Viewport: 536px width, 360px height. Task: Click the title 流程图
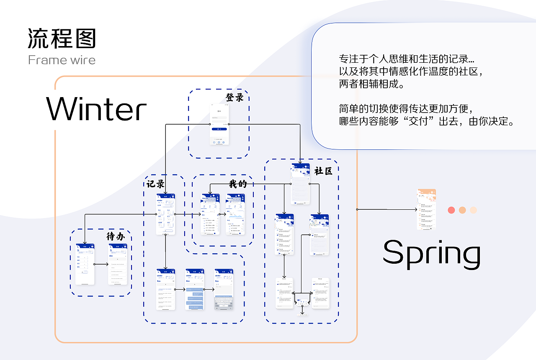(x=62, y=39)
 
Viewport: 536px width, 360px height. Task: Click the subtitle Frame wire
(x=62, y=60)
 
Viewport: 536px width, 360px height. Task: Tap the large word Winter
(x=97, y=109)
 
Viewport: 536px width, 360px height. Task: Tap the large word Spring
(x=431, y=254)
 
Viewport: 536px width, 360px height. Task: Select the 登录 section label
(x=234, y=98)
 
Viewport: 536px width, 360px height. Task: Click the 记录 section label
(x=155, y=184)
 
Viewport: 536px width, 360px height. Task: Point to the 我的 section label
(x=238, y=184)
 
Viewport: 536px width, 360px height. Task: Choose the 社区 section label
(x=323, y=171)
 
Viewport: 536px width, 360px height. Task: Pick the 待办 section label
(x=116, y=237)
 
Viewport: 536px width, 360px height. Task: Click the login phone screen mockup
(x=219, y=124)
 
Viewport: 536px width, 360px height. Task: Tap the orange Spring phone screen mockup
(x=426, y=209)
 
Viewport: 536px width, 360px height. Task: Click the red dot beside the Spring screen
(x=451, y=210)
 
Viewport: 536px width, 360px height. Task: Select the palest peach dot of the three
(x=473, y=210)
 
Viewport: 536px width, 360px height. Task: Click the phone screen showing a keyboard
(x=224, y=289)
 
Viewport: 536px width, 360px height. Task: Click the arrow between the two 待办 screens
(x=101, y=264)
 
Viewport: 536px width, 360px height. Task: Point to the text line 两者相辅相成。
(x=371, y=84)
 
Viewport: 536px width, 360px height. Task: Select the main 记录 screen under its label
(x=165, y=214)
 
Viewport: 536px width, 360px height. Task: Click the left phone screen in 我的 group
(x=210, y=214)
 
